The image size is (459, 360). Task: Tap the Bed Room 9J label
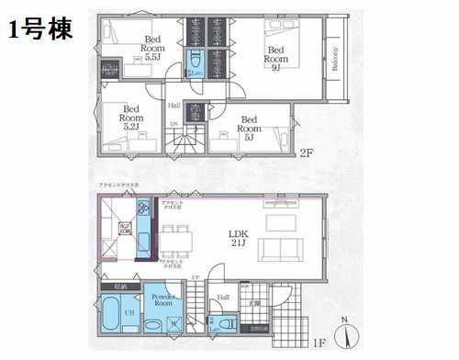[277, 58]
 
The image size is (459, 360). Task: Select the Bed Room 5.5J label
[153, 46]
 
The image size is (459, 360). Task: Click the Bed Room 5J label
[251, 125]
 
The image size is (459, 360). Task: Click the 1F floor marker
[319, 343]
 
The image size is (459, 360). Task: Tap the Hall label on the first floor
[223, 297]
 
